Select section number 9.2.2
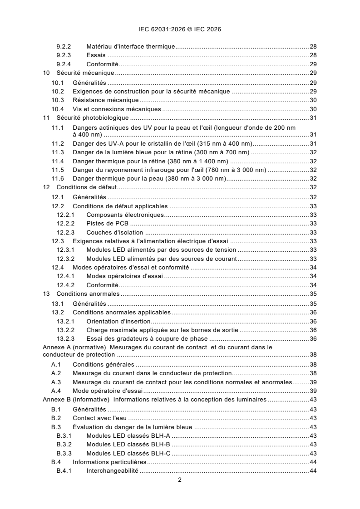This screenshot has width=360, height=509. point(64,47)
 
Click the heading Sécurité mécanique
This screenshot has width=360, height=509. point(85,73)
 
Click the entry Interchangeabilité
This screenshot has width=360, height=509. point(113,471)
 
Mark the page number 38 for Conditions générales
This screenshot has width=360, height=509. point(313,364)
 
